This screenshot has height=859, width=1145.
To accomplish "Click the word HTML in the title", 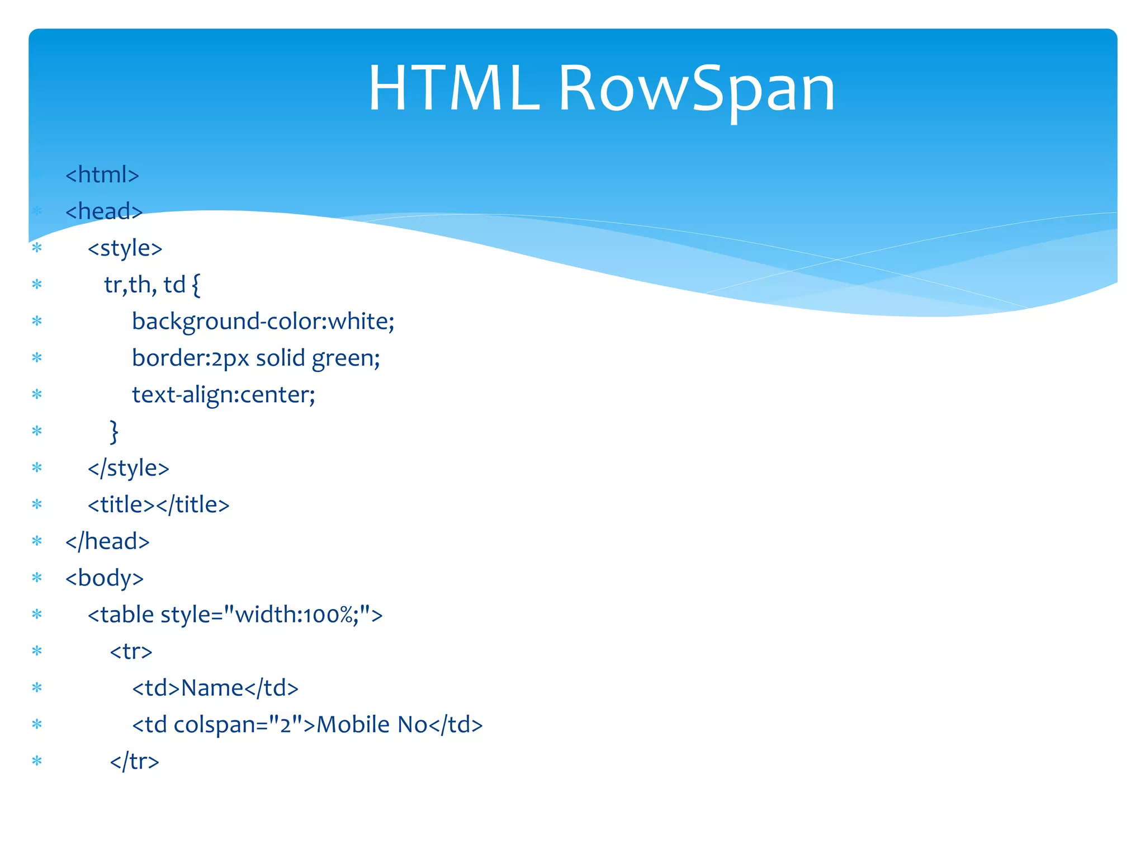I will [453, 89].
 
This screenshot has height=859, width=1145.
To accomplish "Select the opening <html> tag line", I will [102, 175].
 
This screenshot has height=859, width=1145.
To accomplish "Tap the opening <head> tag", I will [104, 211].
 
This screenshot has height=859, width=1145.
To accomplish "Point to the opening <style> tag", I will [125, 248].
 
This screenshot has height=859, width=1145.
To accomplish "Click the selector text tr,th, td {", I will [152, 285].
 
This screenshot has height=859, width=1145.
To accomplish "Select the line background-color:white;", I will [263, 322].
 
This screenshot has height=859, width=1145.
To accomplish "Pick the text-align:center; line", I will [223, 395].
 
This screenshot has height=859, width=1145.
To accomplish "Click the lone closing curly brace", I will [114, 432].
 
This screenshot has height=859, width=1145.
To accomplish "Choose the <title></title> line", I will [158, 505].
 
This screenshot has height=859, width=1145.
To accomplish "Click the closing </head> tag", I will [107, 541].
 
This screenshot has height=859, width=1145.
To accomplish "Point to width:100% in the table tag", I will [296, 615].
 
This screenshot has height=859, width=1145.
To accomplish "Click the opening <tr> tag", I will [131, 652].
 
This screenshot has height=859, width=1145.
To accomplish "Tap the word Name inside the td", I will [212, 688].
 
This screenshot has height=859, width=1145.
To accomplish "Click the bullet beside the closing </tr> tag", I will [37, 761].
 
